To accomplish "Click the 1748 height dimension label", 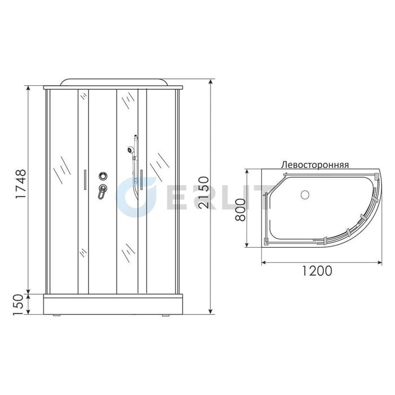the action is point(21,183).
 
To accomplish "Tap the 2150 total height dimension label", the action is point(204,192).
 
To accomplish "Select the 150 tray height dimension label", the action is point(19,305).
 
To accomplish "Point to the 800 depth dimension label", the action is point(240,210).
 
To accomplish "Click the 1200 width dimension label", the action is point(317,271).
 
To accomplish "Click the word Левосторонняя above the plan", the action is point(315,165).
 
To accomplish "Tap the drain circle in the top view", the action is point(305,195).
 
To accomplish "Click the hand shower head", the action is point(130,150).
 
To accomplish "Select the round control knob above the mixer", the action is point(103,175).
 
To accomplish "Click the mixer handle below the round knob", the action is point(102,192).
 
